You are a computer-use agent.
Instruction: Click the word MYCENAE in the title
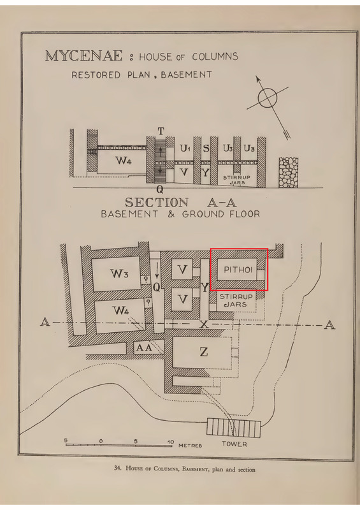(84, 55)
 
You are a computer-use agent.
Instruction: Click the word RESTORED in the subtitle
(96, 75)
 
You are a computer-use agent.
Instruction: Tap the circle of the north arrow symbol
(268, 98)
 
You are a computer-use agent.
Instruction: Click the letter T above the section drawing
(161, 131)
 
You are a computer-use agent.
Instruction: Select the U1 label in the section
(185, 149)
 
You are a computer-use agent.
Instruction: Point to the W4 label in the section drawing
(123, 160)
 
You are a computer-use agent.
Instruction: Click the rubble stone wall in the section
(289, 172)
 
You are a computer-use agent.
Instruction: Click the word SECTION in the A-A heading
(157, 203)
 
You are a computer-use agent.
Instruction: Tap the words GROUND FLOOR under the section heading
(221, 214)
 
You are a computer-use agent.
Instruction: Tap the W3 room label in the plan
(119, 273)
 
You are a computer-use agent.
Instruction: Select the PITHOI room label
(238, 269)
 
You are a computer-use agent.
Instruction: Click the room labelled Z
(204, 352)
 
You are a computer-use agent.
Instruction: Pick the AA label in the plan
(144, 347)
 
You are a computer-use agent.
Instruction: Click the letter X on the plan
(204, 324)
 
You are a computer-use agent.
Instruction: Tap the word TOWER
(234, 444)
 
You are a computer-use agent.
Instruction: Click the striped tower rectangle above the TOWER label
(233, 427)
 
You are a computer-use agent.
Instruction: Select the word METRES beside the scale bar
(191, 445)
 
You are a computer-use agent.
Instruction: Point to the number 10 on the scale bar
(170, 442)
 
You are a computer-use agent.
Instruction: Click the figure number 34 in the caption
(117, 469)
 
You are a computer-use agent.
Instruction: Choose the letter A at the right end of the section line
(329, 325)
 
